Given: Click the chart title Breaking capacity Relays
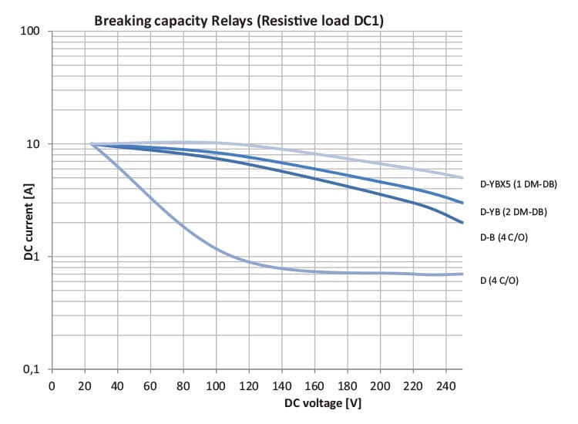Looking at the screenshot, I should (x=239, y=21).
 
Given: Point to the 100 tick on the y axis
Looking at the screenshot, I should (x=36, y=32).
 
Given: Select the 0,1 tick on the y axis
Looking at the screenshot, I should (x=35, y=369).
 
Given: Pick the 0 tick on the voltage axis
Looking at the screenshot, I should (x=52, y=385).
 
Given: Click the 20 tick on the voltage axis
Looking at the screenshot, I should (x=84, y=385).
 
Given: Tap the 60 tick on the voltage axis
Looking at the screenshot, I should (x=150, y=385).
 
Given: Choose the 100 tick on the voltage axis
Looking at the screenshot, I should (x=216, y=385).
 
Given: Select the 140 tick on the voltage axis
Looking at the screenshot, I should (x=282, y=385).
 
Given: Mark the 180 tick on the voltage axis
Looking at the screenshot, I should (x=348, y=385).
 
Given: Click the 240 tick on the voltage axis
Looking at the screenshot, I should (x=446, y=385).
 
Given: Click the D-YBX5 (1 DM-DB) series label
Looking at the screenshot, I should (x=518, y=184).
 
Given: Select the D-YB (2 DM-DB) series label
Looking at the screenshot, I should (x=513, y=211).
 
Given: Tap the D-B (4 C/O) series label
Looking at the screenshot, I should (x=505, y=237).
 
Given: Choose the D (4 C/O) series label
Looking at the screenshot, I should (x=499, y=281).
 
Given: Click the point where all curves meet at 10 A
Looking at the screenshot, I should (x=91, y=144).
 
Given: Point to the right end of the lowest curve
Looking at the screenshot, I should (x=462, y=274).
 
